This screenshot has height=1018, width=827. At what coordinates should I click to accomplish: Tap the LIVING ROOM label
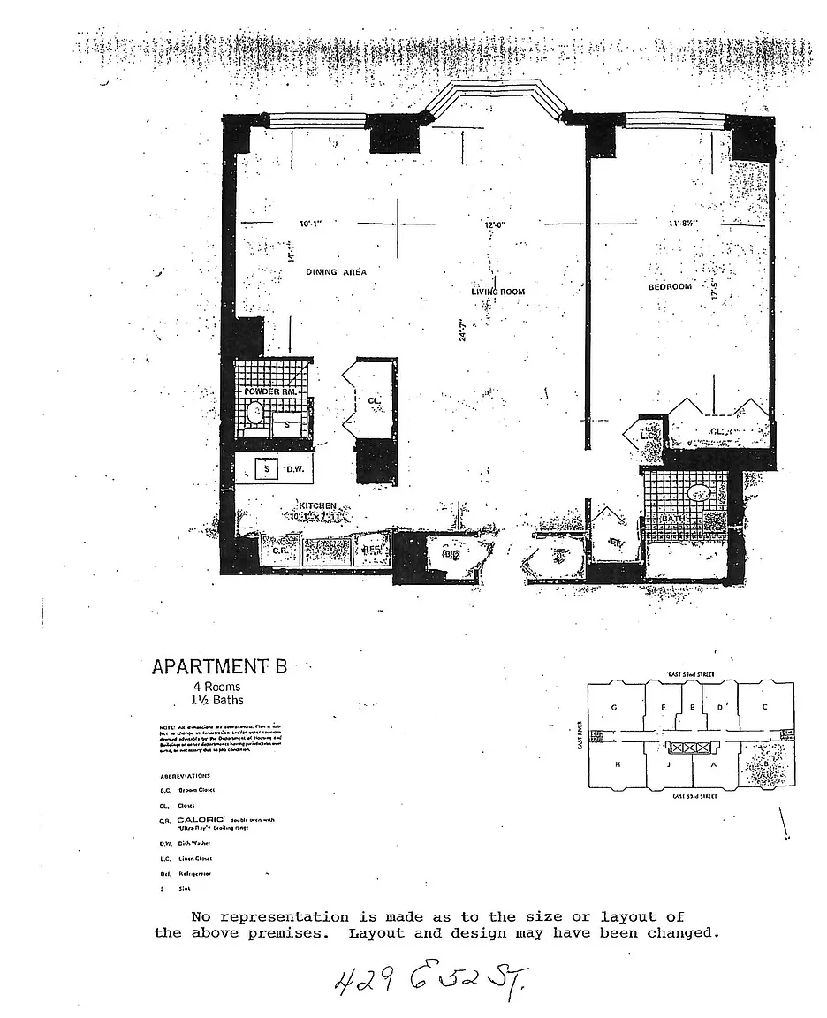498,291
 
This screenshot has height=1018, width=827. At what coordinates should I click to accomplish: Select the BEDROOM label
669,286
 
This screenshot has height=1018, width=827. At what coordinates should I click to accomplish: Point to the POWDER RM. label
270,391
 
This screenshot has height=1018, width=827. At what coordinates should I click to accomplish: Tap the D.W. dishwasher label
295,469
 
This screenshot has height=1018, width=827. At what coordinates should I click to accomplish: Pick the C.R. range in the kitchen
281,550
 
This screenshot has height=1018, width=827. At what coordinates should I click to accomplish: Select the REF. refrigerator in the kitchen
370,550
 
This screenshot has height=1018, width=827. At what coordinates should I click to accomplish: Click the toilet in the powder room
255,413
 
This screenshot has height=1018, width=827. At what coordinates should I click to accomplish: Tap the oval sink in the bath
699,492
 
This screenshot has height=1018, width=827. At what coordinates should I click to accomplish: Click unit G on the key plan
614,707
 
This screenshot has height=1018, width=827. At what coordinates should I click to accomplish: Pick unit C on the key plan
765,706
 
